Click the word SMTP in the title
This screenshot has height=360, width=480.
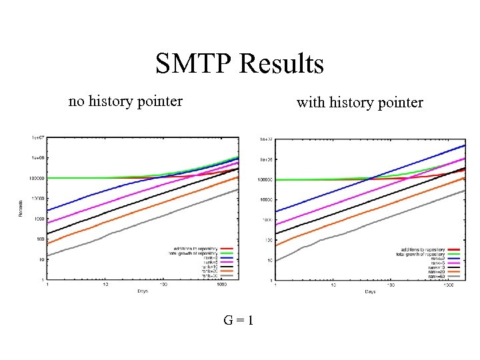[x=192, y=64]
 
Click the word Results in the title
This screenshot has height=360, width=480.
[x=283, y=64]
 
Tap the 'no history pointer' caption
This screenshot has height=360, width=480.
[x=125, y=101]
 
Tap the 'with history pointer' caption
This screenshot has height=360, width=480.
[x=360, y=103]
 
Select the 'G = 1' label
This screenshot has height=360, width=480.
[x=239, y=321]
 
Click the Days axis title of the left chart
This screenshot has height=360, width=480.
[x=143, y=291]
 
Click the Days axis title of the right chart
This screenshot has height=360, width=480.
[x=370, y=292]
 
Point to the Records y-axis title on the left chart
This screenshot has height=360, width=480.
[x=21, y=207]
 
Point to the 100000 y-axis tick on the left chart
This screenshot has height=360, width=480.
[x=35, y=179]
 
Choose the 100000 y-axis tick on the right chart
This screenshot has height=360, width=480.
[x=265, y=180]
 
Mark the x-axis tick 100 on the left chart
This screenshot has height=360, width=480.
[x=163, y=285]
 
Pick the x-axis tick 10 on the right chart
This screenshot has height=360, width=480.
[x=333, y=285]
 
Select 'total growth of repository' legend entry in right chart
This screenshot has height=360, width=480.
[x=420, y=254]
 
